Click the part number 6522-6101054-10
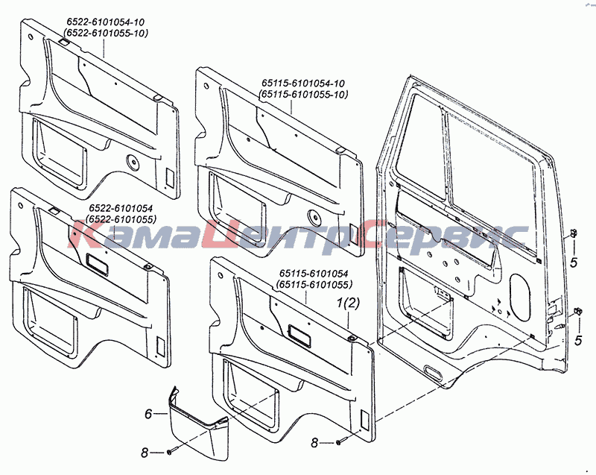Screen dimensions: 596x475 coord(106,22)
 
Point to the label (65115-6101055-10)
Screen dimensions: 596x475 coord(302,94)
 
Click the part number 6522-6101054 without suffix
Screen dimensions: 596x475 coord(121,208)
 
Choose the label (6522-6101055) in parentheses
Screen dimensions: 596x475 coord(121,219)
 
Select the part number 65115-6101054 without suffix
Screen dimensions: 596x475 coord(314,273)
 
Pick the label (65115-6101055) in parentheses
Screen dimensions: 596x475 coord(314,284)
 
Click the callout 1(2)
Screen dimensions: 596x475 coord(348,303)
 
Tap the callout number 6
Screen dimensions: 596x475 coord(148,414)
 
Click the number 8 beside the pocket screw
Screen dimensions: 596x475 coord(145,453)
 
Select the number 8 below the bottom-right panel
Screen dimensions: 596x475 coord(314,443)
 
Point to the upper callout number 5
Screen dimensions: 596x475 coord(574,262)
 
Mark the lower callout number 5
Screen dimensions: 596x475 coord(578,340)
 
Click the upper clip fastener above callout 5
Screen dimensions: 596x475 coord(574,233)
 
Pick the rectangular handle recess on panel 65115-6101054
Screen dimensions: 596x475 coord(300,336)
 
